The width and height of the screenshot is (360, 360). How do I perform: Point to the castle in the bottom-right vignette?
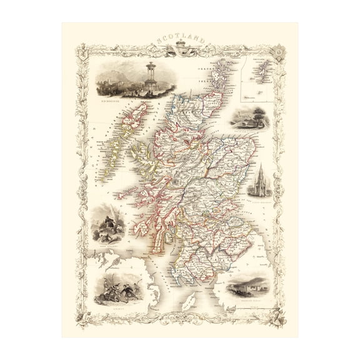[250, 289]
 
